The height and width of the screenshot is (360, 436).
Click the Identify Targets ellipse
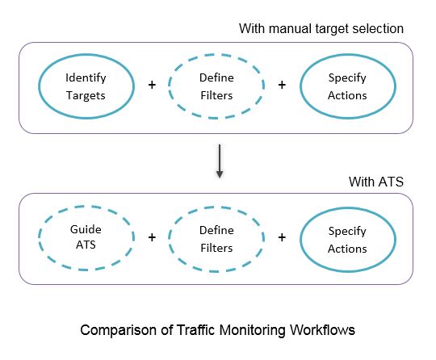click(39, 86)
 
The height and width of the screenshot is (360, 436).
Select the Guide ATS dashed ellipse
click(39, 238)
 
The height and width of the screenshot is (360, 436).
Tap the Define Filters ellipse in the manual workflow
click(168, 86)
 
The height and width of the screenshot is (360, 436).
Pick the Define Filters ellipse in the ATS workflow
click(168, 238)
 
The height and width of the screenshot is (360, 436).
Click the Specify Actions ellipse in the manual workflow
click(300, 86)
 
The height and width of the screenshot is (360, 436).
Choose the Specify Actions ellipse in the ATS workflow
click(300, 239)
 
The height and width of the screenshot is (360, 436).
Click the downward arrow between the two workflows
click(220, 161)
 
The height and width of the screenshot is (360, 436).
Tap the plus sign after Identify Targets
click(152, 85)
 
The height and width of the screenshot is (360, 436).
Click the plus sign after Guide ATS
click(152, 237)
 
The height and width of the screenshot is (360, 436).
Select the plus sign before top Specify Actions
click(282, 85)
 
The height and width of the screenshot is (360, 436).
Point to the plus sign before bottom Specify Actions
click(282, 237)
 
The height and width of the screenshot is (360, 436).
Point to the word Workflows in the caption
click(322, 330)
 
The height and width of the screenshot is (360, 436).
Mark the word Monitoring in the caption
click(253, 331)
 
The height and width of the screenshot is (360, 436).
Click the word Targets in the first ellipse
click(86, 96)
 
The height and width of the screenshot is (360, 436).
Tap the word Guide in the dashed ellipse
click(86, 229)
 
